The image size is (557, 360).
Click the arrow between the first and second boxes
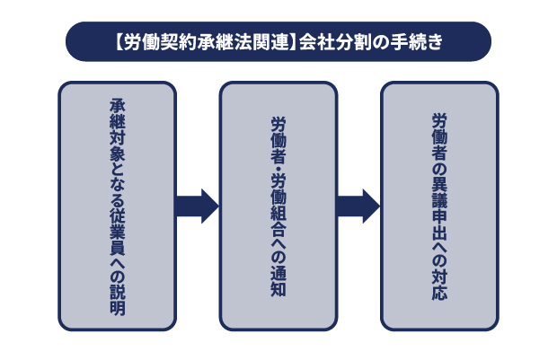[197, 206]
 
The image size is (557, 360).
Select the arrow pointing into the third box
[358, 206]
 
